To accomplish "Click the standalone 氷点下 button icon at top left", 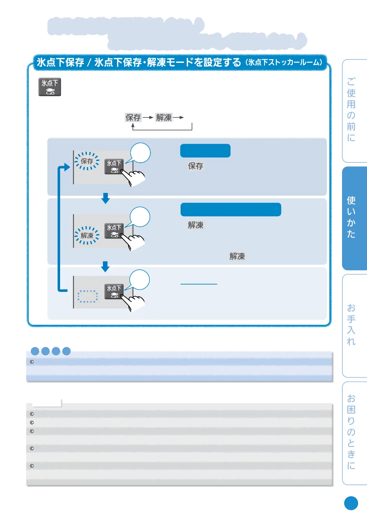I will (x=50, y=87).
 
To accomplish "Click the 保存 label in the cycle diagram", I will (x=133, y=117).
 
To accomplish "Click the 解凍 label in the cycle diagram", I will (x=164, y=117).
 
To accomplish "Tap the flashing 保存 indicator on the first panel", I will (x=87, y=161).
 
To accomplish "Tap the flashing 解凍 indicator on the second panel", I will (x=87, y=236).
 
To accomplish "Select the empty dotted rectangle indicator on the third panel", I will (x=88, y=296).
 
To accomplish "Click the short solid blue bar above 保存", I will (x=205, y=151).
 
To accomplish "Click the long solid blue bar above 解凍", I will (x=231, y=210).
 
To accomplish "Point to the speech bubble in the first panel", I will (x=140, y=153).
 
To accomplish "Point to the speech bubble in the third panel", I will (x=139, y=280).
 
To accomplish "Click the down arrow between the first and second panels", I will (x=105, y=198).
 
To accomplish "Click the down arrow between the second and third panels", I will (x=105, y=267).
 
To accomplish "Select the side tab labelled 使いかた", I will (x=354, y=218).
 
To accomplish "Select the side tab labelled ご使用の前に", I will (x=354, y=110).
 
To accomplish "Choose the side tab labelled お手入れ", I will (x=354, y=325).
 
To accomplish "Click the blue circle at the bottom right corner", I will (x=351, y=503).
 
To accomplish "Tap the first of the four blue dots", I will (x=35, y=351).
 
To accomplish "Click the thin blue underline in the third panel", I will (x=199, y=284).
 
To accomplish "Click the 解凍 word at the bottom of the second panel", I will (x=237, y=256).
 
